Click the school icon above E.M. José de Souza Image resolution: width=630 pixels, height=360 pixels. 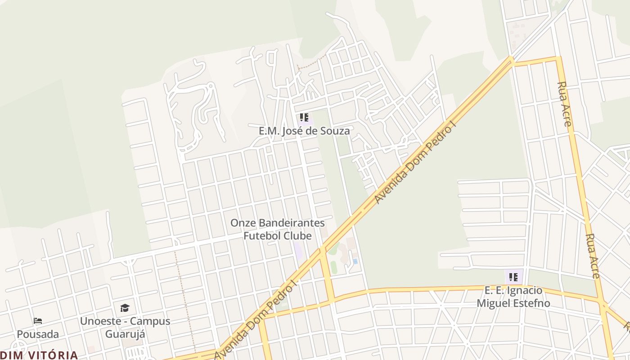point(304,118)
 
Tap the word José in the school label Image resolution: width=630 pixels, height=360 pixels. point(301,131)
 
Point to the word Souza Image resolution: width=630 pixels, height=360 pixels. point(335,131)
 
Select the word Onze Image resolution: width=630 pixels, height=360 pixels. point(243,223)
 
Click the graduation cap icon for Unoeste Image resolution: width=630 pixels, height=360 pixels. point(125,308)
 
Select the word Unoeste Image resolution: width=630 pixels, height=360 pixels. point(98,321)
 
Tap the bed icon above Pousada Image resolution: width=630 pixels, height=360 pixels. point(38,321)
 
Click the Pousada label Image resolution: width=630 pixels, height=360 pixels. point(38,334)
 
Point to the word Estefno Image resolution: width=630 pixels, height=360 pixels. point(533,303)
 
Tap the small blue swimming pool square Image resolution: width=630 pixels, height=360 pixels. point(355,261)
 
